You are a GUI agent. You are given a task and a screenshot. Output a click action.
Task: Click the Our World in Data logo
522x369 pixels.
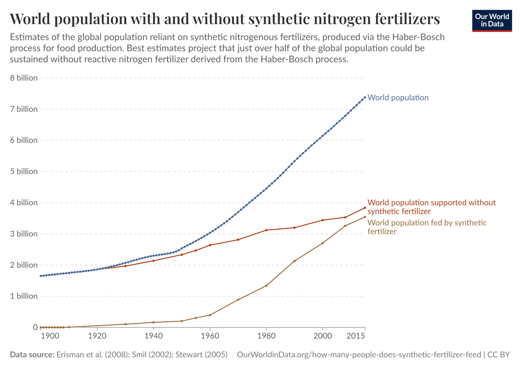pyautogui.click(x=492, y=21)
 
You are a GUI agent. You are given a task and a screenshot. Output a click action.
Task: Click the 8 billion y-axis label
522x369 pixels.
pyautogui.click(x=24, y=78)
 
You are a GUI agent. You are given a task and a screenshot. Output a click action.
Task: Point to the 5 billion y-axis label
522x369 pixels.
pyautogui.click(x=24, y=171)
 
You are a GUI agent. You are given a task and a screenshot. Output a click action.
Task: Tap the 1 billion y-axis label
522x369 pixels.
pyautogui.click(x=24, y=296)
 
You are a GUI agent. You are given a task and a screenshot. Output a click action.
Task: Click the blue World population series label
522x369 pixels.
pyautogui.click(x=398, y=97)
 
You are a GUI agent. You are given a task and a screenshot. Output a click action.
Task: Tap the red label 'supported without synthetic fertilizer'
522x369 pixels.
pyautogui.click(x=432, y=207)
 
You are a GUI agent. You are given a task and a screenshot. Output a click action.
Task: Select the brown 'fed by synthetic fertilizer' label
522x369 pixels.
pyautogui.click(x=427, y=227)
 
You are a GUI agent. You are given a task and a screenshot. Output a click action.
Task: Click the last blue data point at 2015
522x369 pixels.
pyautogui.click(x=365, y=97)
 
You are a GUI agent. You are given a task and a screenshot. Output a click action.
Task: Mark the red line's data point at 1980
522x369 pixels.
pyautogui.click(x=266, y=230)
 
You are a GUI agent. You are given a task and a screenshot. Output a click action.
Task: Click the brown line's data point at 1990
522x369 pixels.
pyautogui.click(x=294, y=261)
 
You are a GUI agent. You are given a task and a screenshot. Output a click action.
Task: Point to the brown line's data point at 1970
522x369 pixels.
pyautogui.click(x=238, y=300)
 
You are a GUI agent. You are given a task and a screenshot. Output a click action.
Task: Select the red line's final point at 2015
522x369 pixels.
pyautogui.click(x=365, y=208)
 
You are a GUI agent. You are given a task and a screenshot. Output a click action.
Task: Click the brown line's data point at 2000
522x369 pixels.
pyautogui.click(x=323, y=243)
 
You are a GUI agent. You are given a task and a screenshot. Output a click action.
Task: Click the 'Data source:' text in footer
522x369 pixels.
pyautogui.click(x=32, y=355)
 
